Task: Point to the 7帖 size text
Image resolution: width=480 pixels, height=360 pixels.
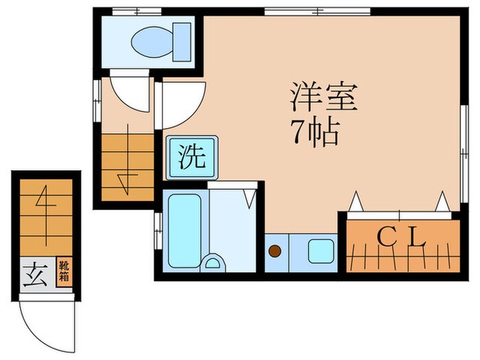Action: (316, 133)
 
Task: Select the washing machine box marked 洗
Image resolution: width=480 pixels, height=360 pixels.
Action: (191, 157)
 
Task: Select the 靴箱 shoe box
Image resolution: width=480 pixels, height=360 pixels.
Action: (62, 272)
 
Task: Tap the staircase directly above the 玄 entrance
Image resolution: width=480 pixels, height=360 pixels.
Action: (45, 216)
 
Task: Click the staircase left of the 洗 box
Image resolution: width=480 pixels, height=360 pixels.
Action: (127, 167)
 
